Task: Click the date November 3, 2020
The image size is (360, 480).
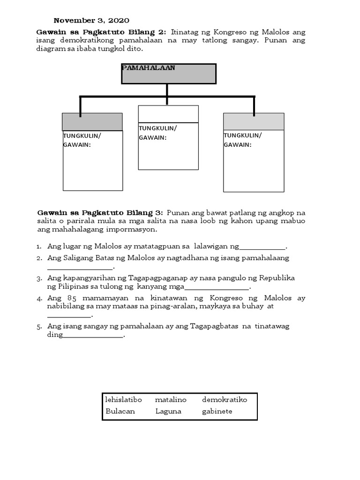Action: (x=91, y=20)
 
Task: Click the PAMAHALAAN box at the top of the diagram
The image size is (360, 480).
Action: (x=169, y=74)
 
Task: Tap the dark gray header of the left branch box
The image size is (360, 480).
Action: (x=92, y=122)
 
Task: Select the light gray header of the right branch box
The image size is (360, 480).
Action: (x=254, y=121)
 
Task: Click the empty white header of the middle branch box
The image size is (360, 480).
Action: (x=168, y=114)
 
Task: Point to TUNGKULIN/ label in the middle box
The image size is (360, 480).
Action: (x=158, y=128)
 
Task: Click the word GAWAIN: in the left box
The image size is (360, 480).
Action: (x=77, y=145)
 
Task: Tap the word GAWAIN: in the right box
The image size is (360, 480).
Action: (x=238, y=145)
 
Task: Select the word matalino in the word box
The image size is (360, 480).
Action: (x=171, y=400)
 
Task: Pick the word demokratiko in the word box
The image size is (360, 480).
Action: (x=225, y=400)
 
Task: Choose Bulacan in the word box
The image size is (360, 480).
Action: (x=120, y=412)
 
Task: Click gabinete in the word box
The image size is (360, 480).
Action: (x=217, y=412)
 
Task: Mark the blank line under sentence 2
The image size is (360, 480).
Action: (x=80, y=269)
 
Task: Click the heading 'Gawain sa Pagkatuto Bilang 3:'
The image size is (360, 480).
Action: (x=100, y=212)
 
